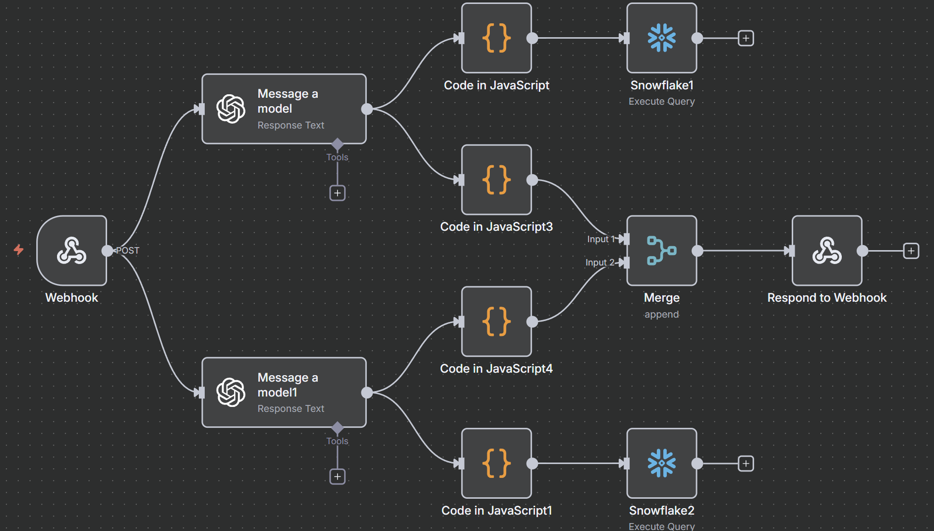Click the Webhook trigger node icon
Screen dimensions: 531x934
[72, 251]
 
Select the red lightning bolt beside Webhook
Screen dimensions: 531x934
[18, 249]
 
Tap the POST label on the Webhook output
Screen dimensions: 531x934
[128, 251]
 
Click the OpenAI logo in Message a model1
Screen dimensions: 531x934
[231, 393]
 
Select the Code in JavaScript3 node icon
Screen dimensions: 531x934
[496, 180]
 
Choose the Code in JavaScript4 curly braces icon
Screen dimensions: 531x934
[496, 322]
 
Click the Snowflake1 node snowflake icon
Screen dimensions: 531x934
[661, 38]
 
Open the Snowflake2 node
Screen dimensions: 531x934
[661, 464]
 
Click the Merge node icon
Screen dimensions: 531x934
[661, 251]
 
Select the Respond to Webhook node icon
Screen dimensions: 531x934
[827, 251]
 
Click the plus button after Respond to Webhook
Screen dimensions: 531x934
[911, 251]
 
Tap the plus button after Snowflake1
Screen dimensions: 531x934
[746, 38]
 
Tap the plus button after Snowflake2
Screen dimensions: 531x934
[746, 464]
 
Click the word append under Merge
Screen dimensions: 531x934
[661, 314]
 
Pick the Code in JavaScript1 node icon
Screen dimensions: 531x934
[496, 464]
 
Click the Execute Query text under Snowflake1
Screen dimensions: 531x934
[661, 101]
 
